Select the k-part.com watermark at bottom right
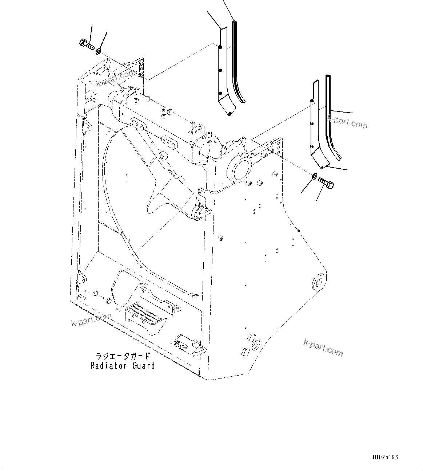[323, 347]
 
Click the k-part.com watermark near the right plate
[347, 122]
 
